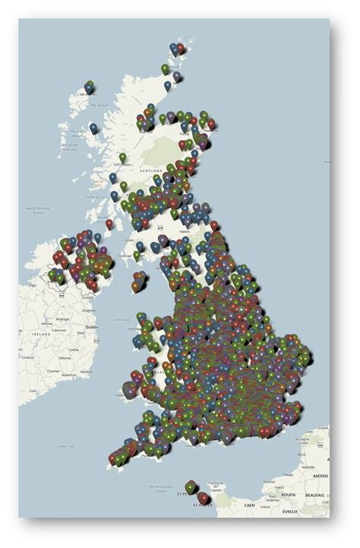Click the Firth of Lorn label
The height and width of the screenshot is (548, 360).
pos(97,182)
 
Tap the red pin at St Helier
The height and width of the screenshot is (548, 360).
pos(203,497)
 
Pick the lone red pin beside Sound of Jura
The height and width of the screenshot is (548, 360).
pos(109,223)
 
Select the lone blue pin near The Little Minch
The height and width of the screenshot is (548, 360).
pos(93,128)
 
